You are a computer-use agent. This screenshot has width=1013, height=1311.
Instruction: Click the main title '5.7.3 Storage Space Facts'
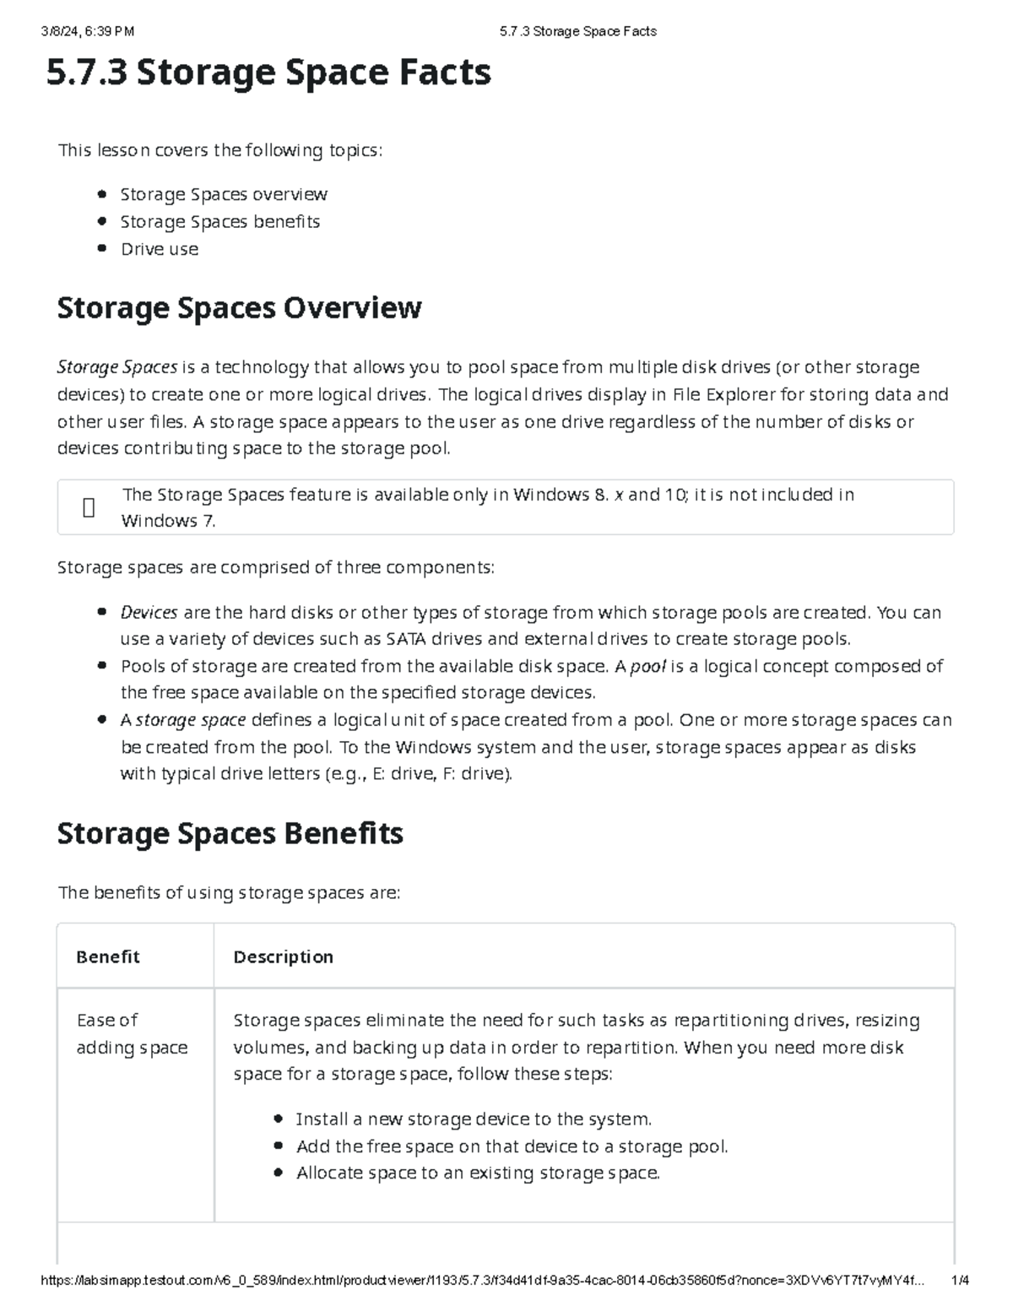[x=268, y=73]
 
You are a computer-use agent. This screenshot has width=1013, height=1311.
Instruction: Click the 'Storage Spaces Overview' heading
[x=239, y=307]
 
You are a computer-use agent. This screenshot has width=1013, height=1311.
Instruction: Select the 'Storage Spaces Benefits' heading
[x=230, y=834]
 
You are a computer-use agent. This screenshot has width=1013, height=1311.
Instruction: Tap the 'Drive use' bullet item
[x=160, y=249]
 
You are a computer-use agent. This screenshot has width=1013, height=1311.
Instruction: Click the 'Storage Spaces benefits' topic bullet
[x=219, y=222]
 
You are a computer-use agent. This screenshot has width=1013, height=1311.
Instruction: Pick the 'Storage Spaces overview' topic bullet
[x=224, y=194]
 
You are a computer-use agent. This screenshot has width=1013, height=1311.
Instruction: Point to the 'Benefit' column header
[x=107, y=956]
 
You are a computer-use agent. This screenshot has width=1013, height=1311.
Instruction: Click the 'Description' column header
[x=283, y=956]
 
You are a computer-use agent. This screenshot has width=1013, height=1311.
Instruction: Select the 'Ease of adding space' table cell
[x=132, y=1034]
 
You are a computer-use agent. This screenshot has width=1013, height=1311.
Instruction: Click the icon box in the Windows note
[x=89, y=507]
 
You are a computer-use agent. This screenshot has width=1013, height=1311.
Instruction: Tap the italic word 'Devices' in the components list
[x=149, y=612]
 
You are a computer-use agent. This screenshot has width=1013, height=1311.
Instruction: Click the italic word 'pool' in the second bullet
[x=648, y=666]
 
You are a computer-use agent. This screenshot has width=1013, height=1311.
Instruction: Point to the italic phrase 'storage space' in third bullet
[x=191, y=720]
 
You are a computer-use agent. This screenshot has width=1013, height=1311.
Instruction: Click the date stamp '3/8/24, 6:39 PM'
[x=88, y=31]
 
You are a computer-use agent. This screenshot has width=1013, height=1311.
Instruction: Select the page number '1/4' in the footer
[x=960, y=1280]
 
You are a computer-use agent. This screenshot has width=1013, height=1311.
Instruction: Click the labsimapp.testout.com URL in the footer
[x=481, y=1280]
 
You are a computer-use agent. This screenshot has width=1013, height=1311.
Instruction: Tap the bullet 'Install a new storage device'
[x=474, y=1119]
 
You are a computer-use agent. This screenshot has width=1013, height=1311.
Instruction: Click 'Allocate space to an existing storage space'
[x=478, y=1173]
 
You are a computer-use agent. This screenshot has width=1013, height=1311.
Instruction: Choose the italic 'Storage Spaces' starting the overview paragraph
[x=116, y=367]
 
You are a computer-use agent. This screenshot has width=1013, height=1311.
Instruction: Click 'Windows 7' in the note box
[x=168, y=521]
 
